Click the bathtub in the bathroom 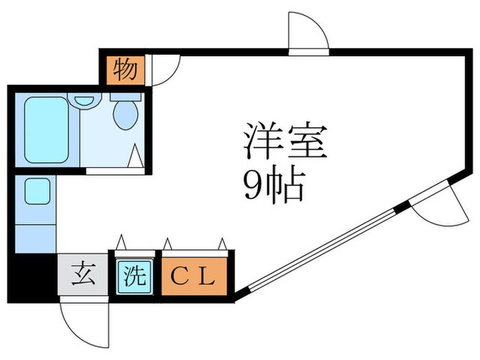tap(47, 130)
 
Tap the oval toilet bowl tap(125, 115)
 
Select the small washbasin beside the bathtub tap(84, 100)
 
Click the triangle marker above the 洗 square tap(121, 242)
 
